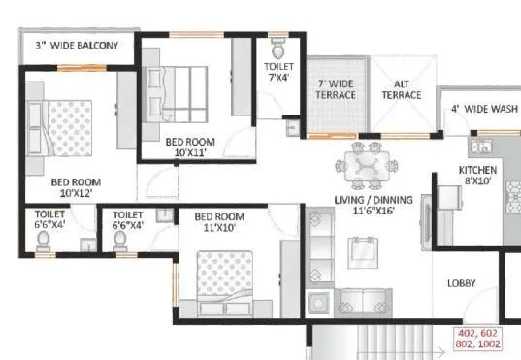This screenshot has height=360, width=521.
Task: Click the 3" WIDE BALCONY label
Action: click(x=77, y=46)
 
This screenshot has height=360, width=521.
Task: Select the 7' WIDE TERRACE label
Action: click(x=336, y=89)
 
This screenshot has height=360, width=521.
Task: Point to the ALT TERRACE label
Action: click(x=401, y=89)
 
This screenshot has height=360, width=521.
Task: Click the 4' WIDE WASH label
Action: click(x=481, y=109)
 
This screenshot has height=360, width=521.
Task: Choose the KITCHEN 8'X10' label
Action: click(x=478, y=176)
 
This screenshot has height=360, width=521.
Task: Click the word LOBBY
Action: click(x=460, y=284)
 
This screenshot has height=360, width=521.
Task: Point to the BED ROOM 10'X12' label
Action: click(x=75, y=186)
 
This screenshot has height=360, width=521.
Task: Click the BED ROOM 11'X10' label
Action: click(x=217, y=222)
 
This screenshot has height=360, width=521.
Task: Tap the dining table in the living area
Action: click(x=368, y=167)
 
